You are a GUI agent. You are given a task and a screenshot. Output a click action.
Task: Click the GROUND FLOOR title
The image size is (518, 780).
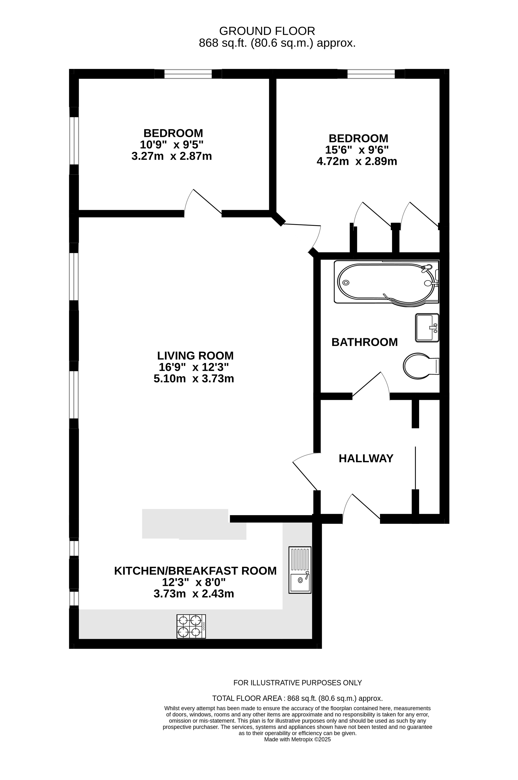click(267, 31)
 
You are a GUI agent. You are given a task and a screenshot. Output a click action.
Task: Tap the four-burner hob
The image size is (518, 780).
click(191, 626)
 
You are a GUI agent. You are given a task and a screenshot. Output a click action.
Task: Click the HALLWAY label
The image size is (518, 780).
click(366, 458)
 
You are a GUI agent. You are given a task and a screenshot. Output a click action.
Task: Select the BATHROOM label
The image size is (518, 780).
click(364, 342)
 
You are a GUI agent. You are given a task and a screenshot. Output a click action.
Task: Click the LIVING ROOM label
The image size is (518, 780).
click(195, 355)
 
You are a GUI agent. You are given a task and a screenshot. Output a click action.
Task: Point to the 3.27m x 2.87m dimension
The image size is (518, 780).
click(171, 156)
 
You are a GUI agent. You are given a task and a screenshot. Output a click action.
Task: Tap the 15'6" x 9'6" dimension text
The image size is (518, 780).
click(357, 150)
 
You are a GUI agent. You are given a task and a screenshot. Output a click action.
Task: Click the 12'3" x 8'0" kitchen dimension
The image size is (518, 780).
click(194, 582)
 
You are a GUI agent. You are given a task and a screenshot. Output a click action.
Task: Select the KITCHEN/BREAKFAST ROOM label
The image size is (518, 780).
click(195, 571)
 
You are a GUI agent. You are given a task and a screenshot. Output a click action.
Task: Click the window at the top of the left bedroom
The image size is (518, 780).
click(188, 74)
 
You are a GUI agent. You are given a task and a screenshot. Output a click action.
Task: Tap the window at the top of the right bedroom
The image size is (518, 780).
click(371, 74)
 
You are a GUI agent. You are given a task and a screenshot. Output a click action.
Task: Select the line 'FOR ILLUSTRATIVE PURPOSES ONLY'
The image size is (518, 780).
click(297, 683)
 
